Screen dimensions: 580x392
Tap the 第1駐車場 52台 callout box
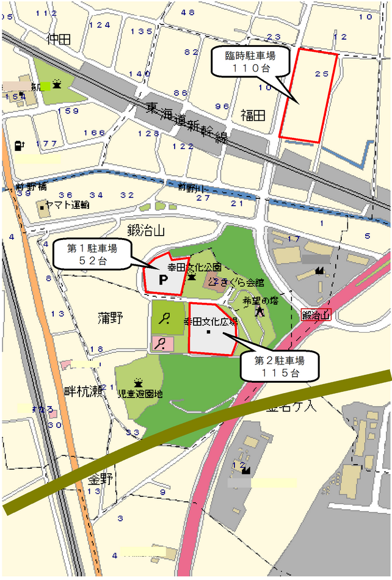(x=92, y=254)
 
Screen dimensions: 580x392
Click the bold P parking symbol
(x=162, y=280)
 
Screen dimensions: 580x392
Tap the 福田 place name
(x=253, y=115)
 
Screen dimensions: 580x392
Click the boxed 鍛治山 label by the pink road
(x=316, y=315)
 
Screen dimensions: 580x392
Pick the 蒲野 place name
(x=110, y=317)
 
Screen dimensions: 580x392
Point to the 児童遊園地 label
(x=140, y=394)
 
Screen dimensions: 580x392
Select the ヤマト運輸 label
(x=68, y=206)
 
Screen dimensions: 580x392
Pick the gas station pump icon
(x=19, y=146)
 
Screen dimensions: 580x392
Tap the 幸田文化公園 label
(x=194, y=267)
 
